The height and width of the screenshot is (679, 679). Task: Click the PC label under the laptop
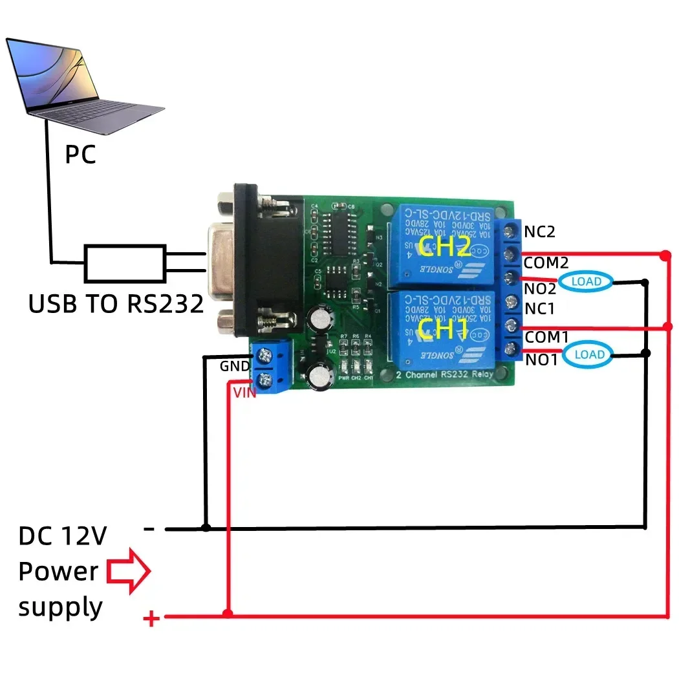[x=81, y=155]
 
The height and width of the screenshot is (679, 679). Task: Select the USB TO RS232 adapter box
[x=125, y=263]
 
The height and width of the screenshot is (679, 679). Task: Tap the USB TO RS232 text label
[x=116, y=303]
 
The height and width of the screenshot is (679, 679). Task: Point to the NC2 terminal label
[x=540, y=232]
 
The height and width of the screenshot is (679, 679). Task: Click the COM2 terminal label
[x=546, y=263]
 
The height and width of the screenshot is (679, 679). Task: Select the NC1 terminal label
[x=540, y=309]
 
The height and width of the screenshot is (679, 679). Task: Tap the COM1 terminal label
[x=546, y=337]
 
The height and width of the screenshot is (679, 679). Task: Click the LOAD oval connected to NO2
[x=586, y=281]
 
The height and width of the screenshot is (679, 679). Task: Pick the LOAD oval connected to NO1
[x=589, y=354]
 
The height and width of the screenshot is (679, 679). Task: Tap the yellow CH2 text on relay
[x=444, y=246]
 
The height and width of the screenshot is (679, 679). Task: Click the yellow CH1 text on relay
[x=443, y=330]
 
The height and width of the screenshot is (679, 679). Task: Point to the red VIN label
[x=244, y=392]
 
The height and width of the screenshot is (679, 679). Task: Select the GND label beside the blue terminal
[x=235, y=366]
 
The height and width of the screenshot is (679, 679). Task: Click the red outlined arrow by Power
[x=128, y=571]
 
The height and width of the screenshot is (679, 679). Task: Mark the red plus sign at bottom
[x=151, y=620]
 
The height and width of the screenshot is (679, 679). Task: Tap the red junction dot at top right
[x=665, y=256]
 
